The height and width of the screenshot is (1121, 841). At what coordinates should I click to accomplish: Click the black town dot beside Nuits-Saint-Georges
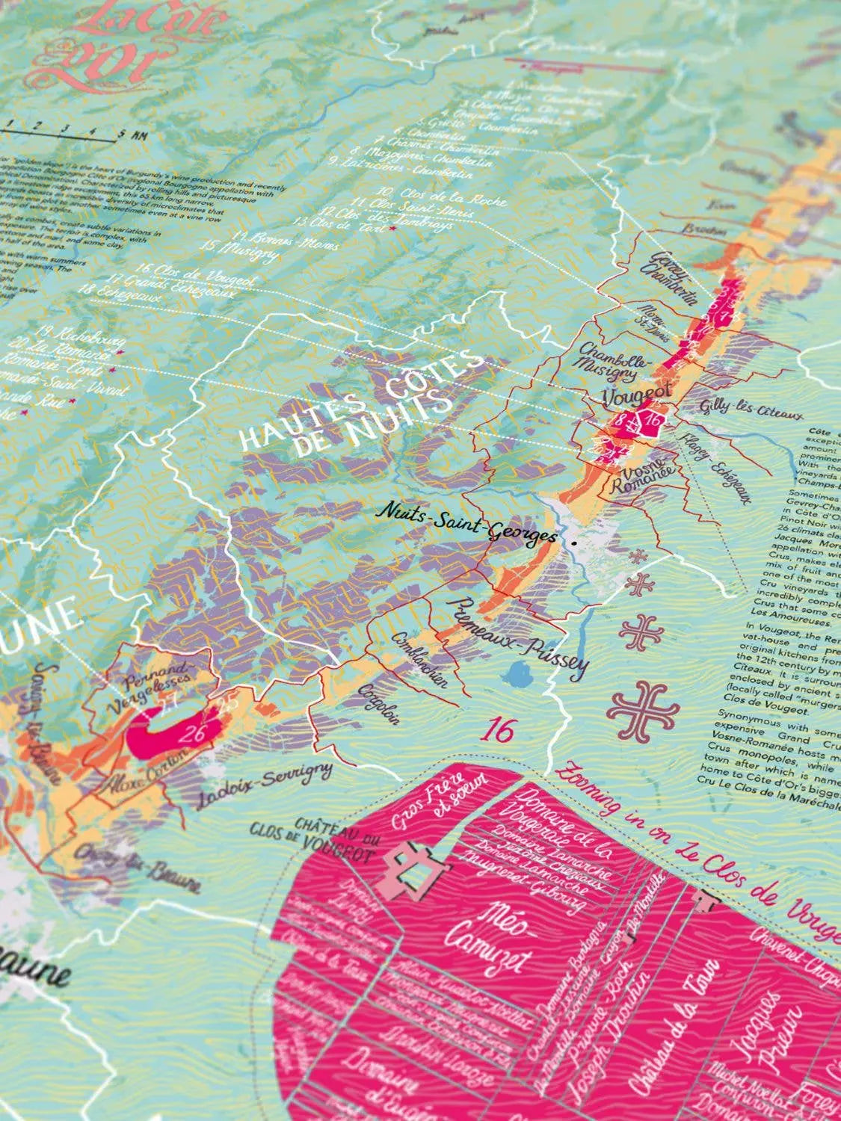[x=573, y=543]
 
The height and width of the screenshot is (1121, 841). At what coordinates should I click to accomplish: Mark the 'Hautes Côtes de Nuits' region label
[x=359, y=404]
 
